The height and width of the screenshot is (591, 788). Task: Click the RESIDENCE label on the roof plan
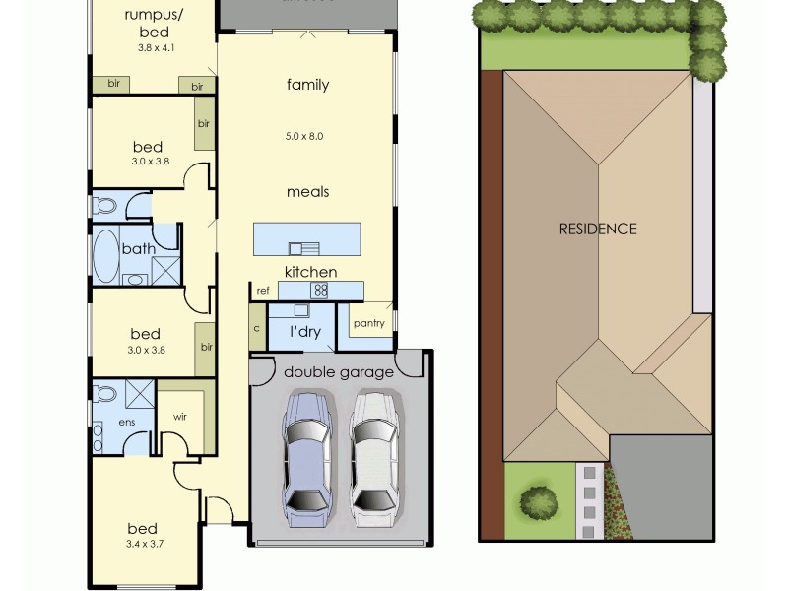598,229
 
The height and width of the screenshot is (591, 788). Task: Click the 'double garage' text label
339,372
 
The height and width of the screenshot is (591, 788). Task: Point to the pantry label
368,323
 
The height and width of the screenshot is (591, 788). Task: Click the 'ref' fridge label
263,291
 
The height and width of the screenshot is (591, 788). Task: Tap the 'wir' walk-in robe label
179,417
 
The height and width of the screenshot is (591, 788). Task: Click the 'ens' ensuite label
126,421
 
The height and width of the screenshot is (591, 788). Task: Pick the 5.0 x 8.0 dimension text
304,136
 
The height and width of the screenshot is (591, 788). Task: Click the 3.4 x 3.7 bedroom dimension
144,544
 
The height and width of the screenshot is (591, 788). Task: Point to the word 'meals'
307,192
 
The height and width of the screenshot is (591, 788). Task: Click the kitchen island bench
306,239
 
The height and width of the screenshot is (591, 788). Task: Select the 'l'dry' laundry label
304,332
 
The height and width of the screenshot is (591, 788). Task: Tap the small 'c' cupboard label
256,328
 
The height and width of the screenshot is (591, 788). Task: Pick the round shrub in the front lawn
539,500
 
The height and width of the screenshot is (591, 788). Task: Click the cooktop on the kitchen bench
320,291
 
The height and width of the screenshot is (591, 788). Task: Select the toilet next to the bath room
104,206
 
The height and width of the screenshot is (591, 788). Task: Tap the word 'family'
307,85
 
